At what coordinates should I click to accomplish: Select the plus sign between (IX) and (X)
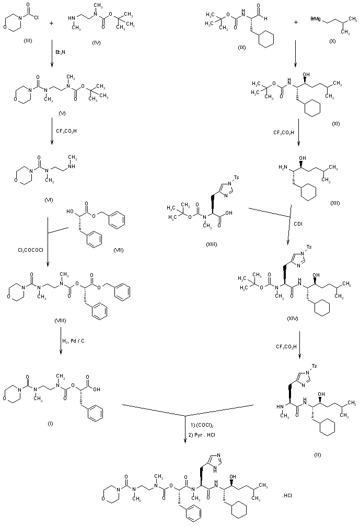[x=296, y=22]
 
